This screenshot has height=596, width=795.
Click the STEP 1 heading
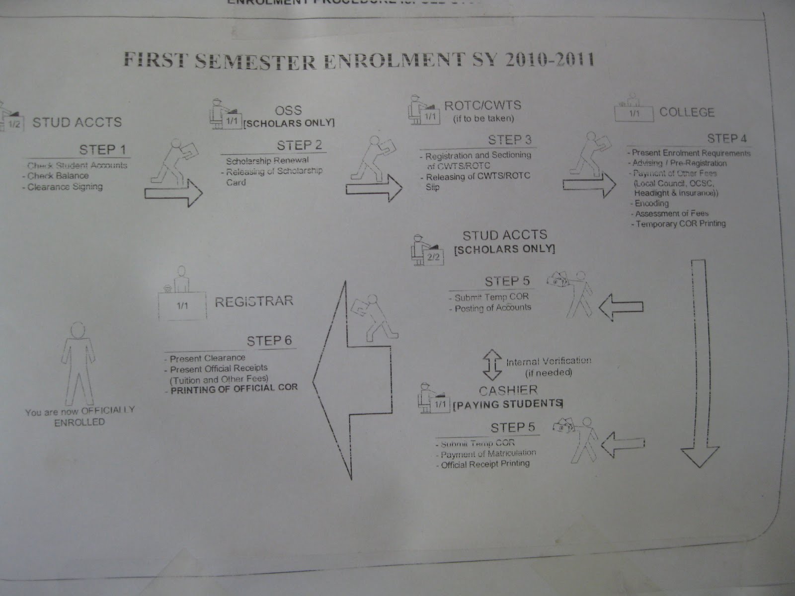102,149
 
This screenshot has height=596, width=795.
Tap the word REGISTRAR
254,301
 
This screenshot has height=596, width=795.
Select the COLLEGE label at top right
687,112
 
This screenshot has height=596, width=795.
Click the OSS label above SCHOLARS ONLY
288,110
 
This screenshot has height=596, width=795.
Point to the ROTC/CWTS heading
482,105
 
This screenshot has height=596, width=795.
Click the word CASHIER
508,390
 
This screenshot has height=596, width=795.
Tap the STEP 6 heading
269,341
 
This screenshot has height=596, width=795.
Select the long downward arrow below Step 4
699,363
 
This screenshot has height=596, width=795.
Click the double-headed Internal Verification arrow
493,365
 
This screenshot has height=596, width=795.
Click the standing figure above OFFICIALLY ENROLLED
78,363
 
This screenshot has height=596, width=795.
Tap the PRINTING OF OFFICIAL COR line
234,388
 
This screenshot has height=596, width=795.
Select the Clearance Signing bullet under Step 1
65,187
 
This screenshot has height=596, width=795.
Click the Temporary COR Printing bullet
680,224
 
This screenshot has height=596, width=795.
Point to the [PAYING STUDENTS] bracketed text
507,404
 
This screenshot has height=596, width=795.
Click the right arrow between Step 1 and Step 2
173,193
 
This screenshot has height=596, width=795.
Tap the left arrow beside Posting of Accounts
621,307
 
